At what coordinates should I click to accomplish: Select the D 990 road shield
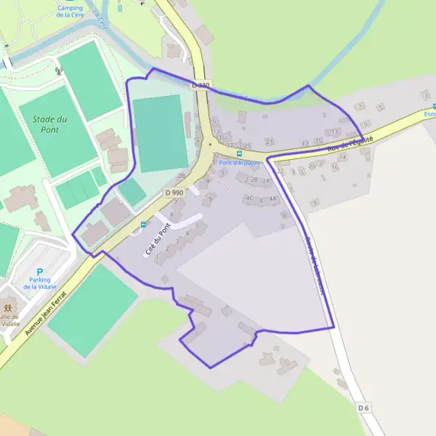tap(174, 192)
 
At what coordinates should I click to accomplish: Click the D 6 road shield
tap(363, 408)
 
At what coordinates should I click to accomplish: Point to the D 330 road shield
tap(201, 86)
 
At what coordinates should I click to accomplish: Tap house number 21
tap(270, 141)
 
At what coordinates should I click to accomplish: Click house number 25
tap(247, 146)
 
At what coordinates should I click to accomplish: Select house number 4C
tap(249, 198)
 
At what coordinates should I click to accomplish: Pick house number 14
tap(342, 157)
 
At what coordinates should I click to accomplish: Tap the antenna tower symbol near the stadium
tap(58, 71)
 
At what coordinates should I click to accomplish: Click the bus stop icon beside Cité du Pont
tap(143, 225)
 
